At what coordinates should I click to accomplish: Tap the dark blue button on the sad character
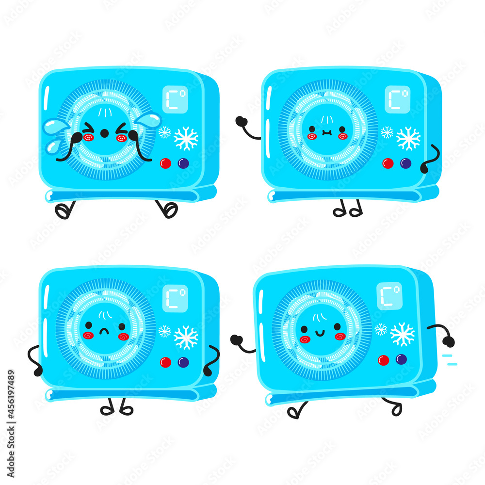coord(183,362)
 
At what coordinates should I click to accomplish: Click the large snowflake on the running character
coord(403,335)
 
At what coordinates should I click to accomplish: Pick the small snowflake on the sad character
coord(164,331)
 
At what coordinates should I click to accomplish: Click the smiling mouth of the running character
coord(321,332)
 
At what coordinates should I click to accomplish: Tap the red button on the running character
coord(383,360)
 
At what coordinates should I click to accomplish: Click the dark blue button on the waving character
coord(405,163)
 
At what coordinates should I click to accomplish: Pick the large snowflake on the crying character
coord(186,139)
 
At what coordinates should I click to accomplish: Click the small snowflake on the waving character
coord(387,132)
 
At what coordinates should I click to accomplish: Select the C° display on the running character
coord(389,295)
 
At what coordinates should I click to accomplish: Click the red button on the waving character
coord(388,163)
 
